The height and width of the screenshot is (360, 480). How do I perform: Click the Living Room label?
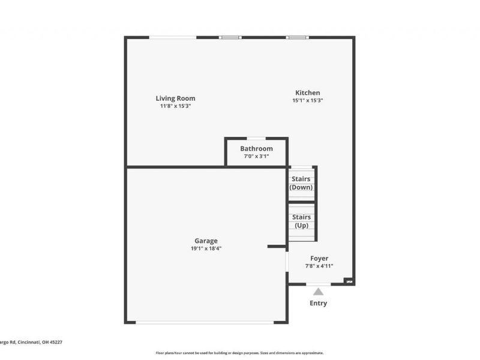pyautogui.click(x=175, y=98)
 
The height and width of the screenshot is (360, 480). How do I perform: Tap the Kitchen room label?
pyautogui.click(x=307, y=93)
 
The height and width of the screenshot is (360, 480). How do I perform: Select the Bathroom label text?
pyautogui.click(x=256, y=149)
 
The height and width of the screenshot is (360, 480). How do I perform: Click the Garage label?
pyautogui.click(x=206, y=241)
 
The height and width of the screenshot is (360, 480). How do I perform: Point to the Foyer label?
pyautogui.click(x=319, y=259)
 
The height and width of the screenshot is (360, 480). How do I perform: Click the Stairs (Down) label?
pyautogui.click(x=301, y=183)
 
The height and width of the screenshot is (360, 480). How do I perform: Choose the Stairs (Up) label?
pyautogui.click(x=301, y=221)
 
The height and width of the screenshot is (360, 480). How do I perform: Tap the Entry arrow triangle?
pyautogui.click(x=318, y=292)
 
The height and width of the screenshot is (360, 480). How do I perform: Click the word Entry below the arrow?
pyautogui.click(x=318, y=303)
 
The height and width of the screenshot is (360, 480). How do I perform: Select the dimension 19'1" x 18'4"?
pyautogui.click(x=206, y=248)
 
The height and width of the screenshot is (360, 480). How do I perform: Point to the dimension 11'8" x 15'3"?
pyautogui.click(x=175, y=106)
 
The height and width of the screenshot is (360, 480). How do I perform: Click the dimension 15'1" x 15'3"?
pyautogui.click(x=307, y=101)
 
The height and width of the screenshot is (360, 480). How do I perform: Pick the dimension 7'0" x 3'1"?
pyautogui.click(x=256, y=157)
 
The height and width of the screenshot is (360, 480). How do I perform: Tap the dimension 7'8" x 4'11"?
pyautogui.click(x=319, y=266)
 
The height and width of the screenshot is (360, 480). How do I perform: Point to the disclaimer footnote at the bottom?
pyautogui.click(x=240, y=353)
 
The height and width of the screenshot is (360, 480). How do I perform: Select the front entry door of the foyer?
pyautogui.click(x=318, y=284)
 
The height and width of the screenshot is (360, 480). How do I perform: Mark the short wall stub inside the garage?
pyautogui.click(x=277, y=246)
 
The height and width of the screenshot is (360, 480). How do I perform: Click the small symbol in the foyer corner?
pyautogui.click(x=348, y=280)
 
